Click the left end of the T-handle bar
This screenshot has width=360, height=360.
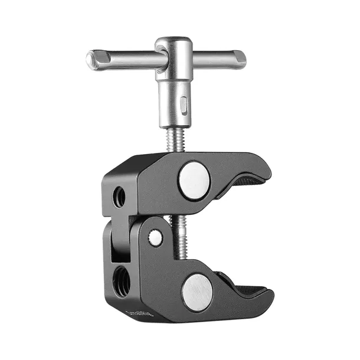point(90,58)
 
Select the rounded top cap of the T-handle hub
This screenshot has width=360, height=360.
point(173,42)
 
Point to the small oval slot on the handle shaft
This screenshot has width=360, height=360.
point(184,106)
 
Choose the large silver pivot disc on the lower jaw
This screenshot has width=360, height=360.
point(197,291)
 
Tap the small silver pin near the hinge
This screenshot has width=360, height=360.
point(155,238)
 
